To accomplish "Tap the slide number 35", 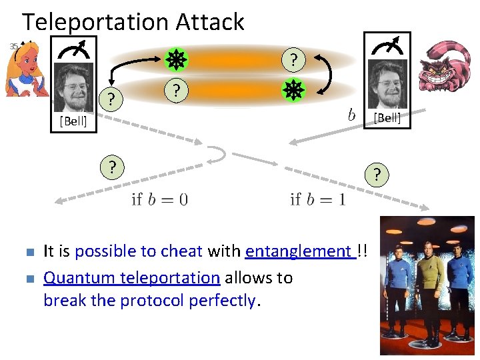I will (x=13, y=46).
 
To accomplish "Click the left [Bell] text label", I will (x=73, y=121).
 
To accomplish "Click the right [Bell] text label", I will (x=387, y=118).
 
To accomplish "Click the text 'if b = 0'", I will (x=159, y=199).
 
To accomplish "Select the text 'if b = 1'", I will (x=317, y=199).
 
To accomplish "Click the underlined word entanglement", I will (x=298, y=251).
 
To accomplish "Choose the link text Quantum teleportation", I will (x=131, y=277).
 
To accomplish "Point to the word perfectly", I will (x=222, y=301).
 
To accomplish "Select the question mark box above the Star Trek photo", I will (x=377, y=175).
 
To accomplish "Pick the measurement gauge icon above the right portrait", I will (x=387, y=48).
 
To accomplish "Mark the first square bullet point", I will (x=27, y=253).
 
